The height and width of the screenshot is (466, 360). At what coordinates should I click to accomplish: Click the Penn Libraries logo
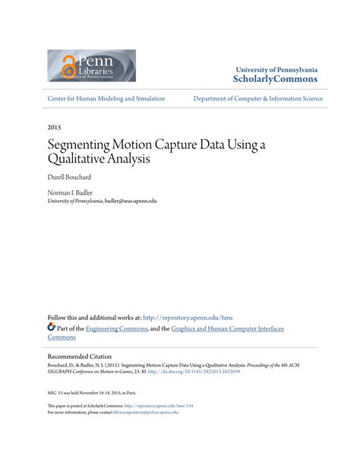[x=91, y=65]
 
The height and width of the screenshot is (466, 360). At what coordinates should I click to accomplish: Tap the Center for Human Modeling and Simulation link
[x=106, y=99]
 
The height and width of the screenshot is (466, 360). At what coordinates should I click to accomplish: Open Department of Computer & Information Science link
[x=257, y=99]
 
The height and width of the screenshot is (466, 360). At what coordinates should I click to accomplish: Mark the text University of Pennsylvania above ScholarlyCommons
[x=276, y=69]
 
